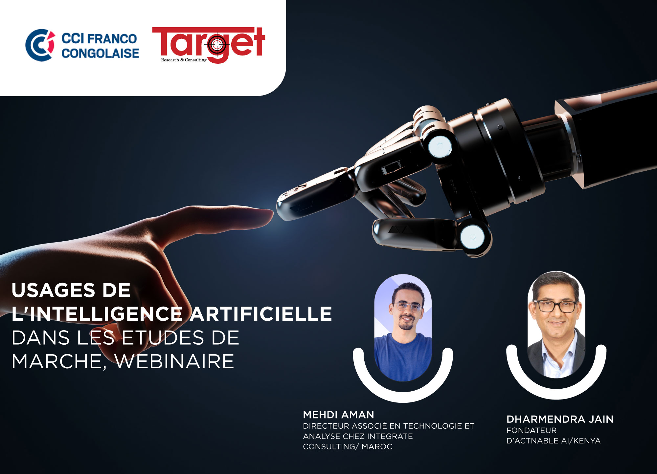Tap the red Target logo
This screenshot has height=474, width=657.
tap(208, 45)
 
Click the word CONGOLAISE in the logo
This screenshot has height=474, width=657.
tap(100, 53)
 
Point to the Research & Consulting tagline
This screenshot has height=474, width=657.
tap(184, 60)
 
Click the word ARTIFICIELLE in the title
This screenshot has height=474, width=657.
tap(261, 313)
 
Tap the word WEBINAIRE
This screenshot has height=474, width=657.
tap(174, 361)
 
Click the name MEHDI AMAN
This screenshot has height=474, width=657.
tap(338, 415)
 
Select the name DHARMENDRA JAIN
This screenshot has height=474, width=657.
tap(560, 419)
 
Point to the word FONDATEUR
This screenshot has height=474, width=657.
tap(532, 430)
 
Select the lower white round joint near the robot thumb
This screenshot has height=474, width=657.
tap(472, 237)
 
